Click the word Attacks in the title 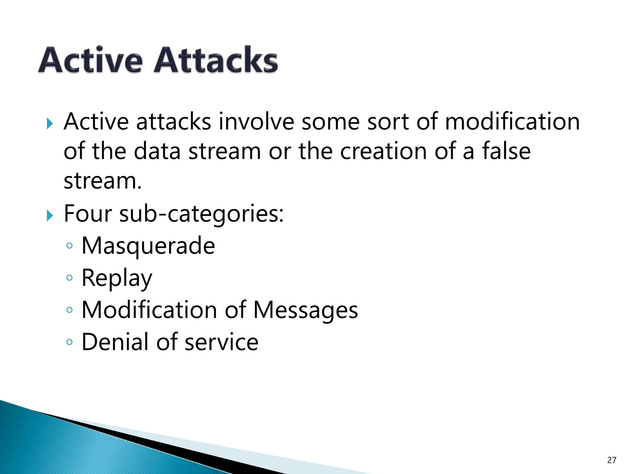[x=216, y=60]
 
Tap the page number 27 [x=611, y=460]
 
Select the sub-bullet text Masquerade [x=148, y=246]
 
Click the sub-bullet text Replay [x=117, y=278]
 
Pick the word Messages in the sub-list [x=306, y=310]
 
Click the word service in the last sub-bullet [x=221, y=342]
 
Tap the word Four [x=88, y=214]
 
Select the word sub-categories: [x=201, y=214]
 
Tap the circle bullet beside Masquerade [x=69, y=246]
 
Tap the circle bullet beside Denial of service [x=69, y=342]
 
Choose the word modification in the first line [x=512, y=121]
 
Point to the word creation [x=383, y=151]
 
